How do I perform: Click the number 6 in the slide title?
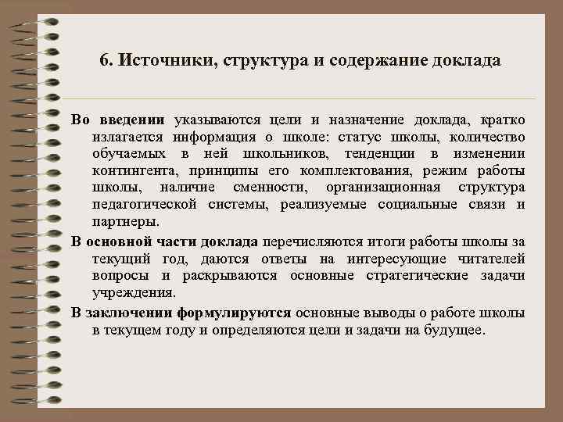105,60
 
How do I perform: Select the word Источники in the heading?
160,60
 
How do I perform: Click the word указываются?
215,120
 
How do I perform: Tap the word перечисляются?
315,241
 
